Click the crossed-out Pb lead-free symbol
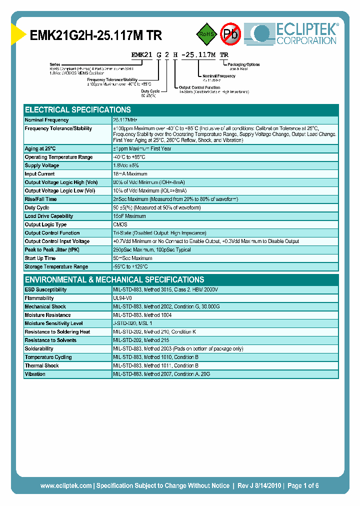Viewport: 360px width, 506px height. pyautogui.click(x=230, y=34)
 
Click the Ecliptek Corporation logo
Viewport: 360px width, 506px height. pyautogui.click(x=294, y=33)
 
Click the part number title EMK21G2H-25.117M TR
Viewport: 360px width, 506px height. pyautogui.click(x=96, y=35)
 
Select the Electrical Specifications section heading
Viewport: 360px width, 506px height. pyautogui.click(x=78, y=109)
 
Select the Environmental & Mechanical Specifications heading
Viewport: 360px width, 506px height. pyautogui.click(x=114, y=279)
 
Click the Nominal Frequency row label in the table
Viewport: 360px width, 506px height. pyautogui.click(x=47, y=120)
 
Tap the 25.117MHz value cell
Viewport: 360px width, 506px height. pyautogui.click(x=125, y=120)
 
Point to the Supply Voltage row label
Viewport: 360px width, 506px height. pyautogui.click(x=42, y=165)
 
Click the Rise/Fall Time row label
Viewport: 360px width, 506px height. pyautogui.click(x=40, y=199)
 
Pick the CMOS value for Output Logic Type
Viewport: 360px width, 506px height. pyautogui.click(x=120, y=224)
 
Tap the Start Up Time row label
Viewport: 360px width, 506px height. pyautogui.click(x=40, y=258)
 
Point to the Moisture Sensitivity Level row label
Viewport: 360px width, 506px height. pyautogui.click(x=54, y=323)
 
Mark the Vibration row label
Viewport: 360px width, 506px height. pyautogui.click(x=35, y=374)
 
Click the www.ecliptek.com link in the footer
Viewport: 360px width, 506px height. pyautogui.click(x=65, y=485)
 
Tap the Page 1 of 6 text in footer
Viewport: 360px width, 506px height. pyautogui.click(x=303, y=485)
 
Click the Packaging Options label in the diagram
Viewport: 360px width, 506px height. pyautogui.click(x=243, y=64)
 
